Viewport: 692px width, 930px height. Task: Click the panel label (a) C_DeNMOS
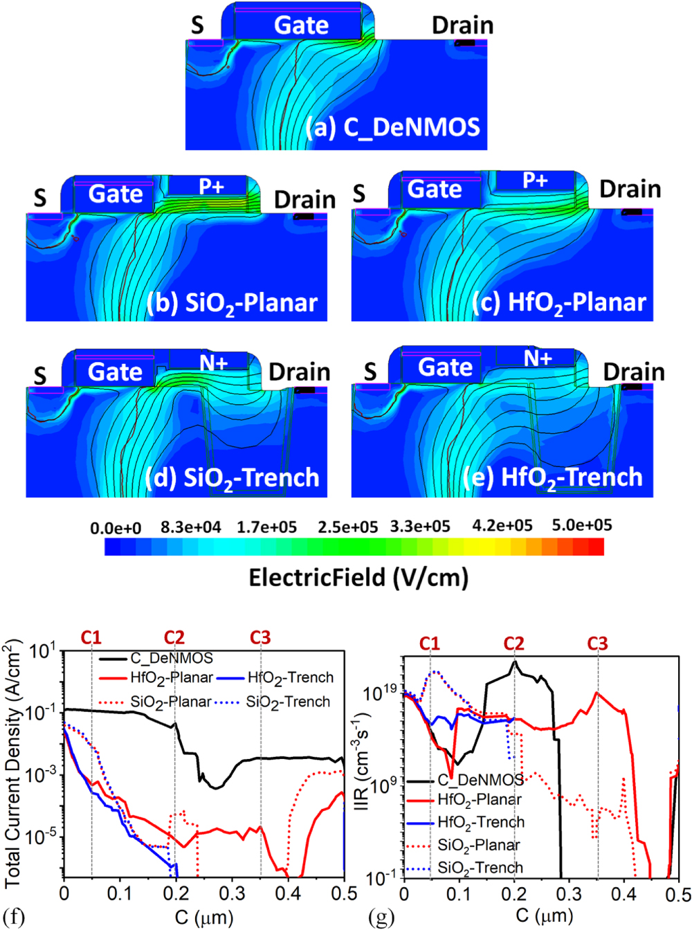393,127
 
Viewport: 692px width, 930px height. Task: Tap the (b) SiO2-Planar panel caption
232,303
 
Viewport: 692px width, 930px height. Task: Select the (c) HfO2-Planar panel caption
558,302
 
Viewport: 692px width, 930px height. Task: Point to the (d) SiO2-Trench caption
232,478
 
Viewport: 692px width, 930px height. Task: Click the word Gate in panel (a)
301,26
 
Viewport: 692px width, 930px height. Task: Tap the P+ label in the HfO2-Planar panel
535,181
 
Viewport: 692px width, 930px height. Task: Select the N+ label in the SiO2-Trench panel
213,363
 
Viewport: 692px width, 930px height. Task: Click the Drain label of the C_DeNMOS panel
462,26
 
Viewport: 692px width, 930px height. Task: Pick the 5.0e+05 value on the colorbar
581,525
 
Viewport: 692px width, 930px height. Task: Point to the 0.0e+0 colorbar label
116,529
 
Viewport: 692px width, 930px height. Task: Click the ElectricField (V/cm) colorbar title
358,577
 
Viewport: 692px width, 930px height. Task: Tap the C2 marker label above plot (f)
174,637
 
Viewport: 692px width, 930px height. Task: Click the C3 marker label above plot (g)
597,644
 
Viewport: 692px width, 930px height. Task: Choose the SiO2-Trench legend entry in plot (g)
480,868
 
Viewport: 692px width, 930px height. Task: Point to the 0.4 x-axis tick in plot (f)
288,893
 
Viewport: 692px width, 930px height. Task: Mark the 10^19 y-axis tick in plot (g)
380,692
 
